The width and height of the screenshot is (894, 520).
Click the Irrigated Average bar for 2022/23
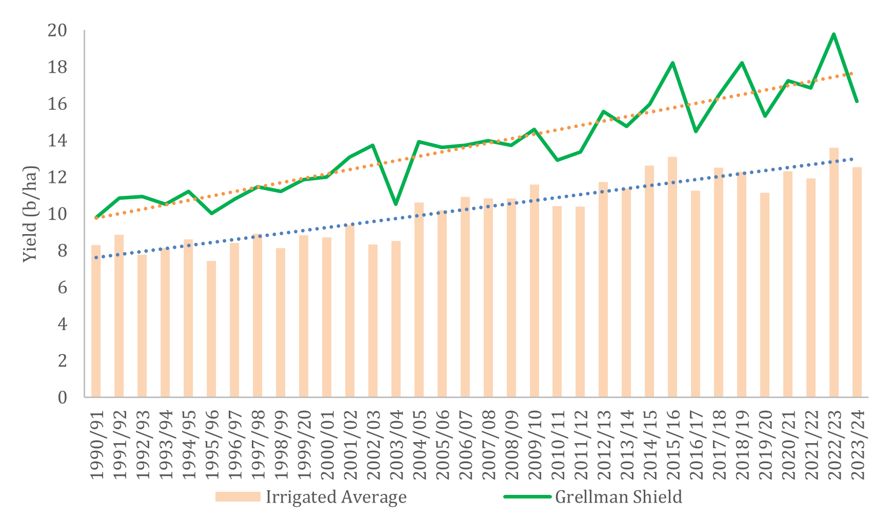click(833, 272)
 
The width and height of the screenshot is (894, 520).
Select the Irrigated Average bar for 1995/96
click(211, 328)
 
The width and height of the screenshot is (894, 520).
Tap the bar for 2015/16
click(672, 277)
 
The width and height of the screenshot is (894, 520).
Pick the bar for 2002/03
click(373, 320)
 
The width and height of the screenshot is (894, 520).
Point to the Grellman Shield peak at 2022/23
click(833, 34)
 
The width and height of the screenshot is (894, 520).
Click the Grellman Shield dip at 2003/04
click(395, 204)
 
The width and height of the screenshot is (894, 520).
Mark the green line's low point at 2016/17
click(696, 131)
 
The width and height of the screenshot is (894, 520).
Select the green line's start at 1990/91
click(96, 217)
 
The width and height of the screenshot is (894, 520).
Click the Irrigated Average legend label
click(336, 497)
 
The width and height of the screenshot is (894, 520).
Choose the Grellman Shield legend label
click(619, 497)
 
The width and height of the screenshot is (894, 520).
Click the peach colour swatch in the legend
click(237, 497)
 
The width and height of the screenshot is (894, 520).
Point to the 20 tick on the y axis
click(57, 31)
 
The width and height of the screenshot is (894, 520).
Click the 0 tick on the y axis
click(62, 398)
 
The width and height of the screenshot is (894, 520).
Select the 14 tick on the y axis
click(57, 141)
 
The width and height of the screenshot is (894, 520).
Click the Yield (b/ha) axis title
click(31, 214)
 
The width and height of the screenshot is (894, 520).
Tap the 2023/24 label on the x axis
click(858, 444)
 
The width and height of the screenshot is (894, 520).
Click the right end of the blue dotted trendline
click(852, 159)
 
